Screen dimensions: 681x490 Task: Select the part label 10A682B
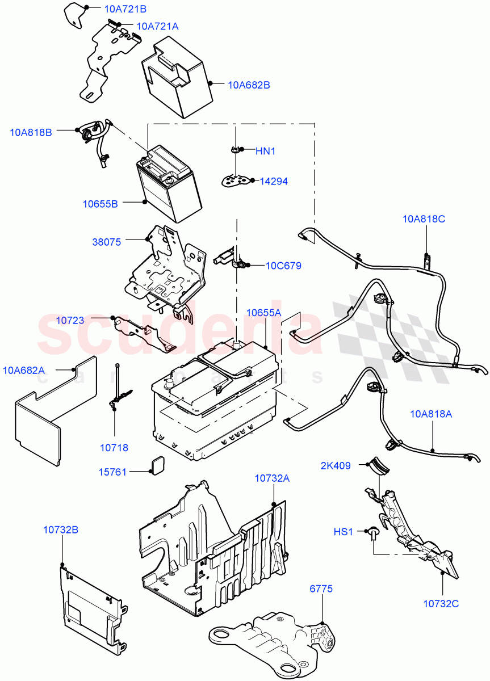tap(249, 85)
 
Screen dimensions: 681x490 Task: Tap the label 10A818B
tap(31, 132)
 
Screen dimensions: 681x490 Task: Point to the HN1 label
tap(265, 151)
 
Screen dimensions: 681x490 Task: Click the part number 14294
tap(274, 182)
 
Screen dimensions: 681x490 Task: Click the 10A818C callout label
tap(424, 218)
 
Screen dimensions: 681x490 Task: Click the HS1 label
tap(343, 532)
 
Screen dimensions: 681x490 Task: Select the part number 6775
tap(321, 589)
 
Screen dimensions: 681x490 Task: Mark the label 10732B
tap(60, 530)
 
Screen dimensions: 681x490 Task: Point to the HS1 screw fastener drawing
tap(374, 533)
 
